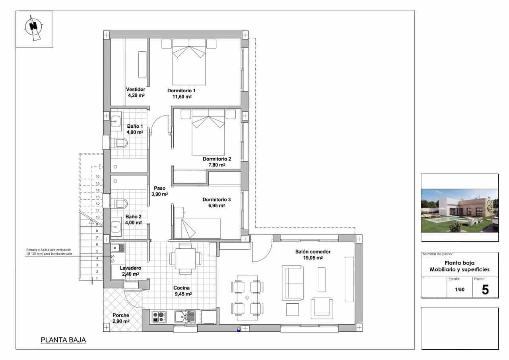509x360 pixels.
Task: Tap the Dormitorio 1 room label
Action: click(181, 93)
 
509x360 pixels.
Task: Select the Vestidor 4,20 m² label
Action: click(136, 92)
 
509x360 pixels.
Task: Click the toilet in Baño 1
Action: click(119, 143)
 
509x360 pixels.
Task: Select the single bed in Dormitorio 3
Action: click(198, 228)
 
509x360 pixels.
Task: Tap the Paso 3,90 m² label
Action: click(159, 191)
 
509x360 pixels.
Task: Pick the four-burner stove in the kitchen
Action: click(159, 317)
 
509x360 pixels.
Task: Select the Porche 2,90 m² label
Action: click(120, 318)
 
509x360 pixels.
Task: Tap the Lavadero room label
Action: click(130, 271)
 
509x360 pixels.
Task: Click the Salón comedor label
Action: click(313, 255)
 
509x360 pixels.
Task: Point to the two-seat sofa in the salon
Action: click(293, 283)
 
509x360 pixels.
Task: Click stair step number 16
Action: click(97, 177)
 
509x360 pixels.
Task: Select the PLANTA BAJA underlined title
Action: click(63, 340)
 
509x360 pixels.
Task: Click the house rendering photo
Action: click(459, 210)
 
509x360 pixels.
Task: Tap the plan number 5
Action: click(485, 290)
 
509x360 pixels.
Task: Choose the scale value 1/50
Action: click(460, 289)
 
